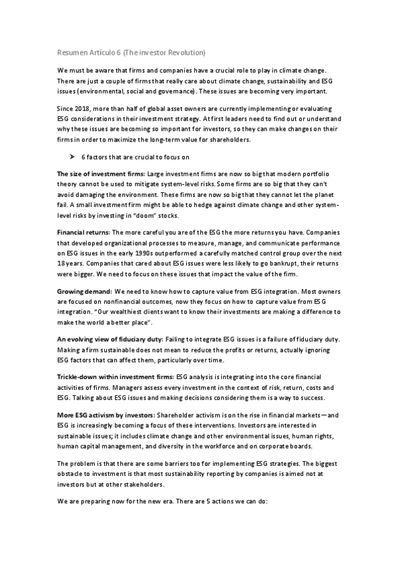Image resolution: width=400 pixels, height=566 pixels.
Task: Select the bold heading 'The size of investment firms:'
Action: [100, 174]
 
